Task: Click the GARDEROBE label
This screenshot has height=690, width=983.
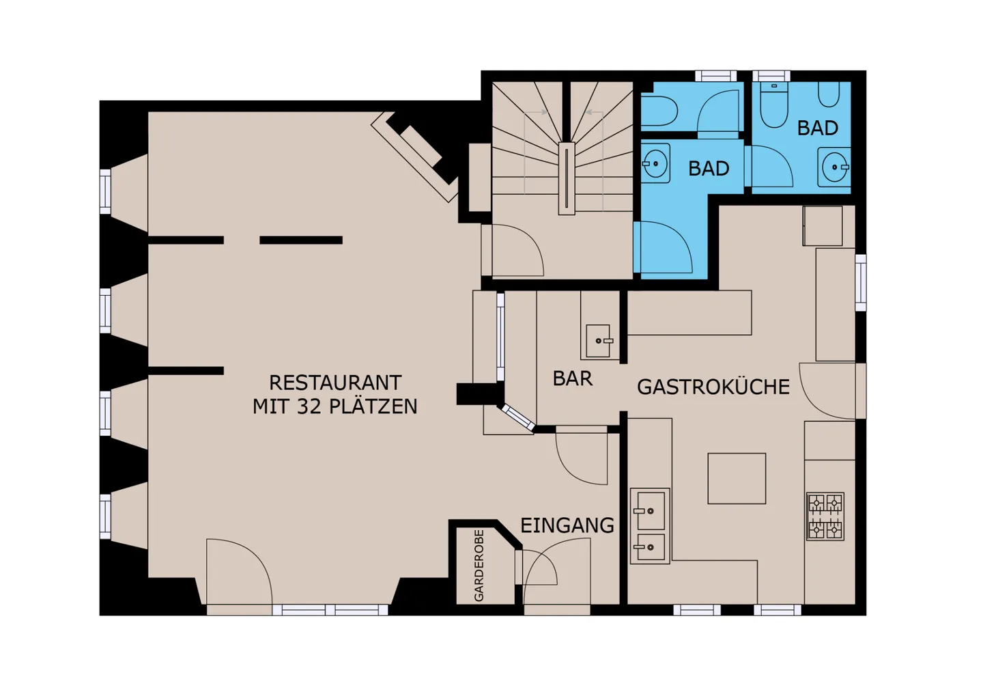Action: [479, 565]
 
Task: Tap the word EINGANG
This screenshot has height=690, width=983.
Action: [567, 525]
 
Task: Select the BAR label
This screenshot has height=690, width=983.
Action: [573, 378]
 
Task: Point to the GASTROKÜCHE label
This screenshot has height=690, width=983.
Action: [713, 387]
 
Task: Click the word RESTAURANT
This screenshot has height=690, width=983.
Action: [335, 383]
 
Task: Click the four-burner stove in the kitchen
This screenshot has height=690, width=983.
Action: [825, 516]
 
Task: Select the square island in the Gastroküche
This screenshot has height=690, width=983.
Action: [737, 478]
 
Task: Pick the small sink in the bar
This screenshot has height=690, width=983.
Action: [599, 341]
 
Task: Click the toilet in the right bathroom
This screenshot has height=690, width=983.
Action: [773, 105]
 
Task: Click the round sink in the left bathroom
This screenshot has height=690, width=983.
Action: [655, 163]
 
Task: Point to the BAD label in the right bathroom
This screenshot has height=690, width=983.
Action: [818, 128]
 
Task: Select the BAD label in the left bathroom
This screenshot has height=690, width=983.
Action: [709, 168]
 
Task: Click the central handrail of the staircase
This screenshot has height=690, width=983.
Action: [567, 178]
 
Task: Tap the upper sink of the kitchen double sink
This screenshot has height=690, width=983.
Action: [651, 511]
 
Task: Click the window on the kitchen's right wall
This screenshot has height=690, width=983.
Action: [861, 283]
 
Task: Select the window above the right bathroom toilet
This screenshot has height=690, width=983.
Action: [771, 76]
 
